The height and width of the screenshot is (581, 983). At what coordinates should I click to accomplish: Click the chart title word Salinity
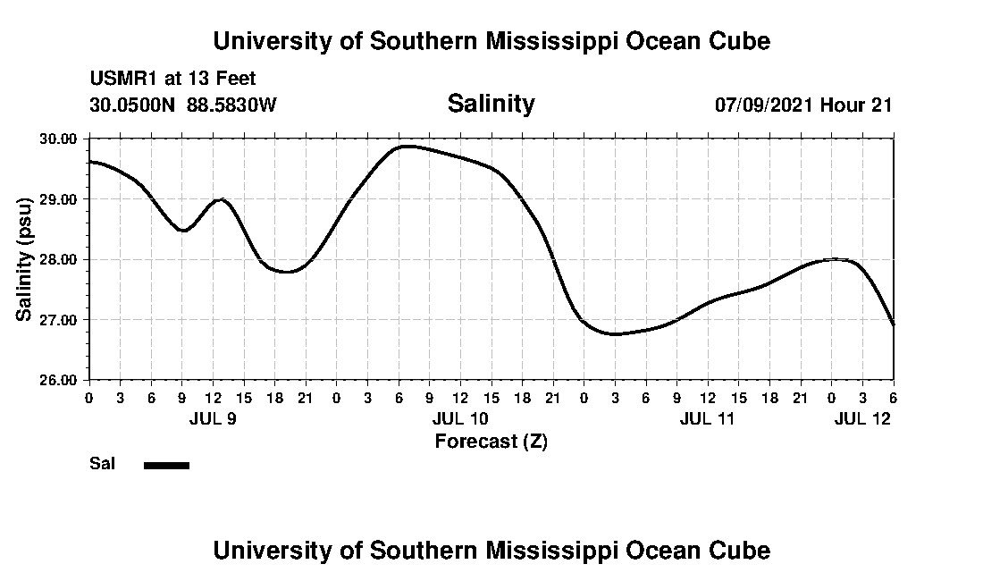click(x=491, y=104)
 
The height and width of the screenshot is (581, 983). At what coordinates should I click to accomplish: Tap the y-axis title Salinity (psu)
click(x=25, y=259)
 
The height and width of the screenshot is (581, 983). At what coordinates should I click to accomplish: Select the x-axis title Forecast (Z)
click(x=491, y=441)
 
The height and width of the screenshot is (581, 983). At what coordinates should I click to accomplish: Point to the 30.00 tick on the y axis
click(x=58, y=139)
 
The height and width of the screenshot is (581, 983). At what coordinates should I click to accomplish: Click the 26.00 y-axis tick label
click(x=58, y=379)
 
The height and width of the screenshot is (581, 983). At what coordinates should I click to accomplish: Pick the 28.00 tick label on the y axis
click(x=58, y=259)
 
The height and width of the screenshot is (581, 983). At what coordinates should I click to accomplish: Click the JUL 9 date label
click(x=213, y=418)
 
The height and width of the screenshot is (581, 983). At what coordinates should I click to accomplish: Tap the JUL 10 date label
click(x=460, y=418)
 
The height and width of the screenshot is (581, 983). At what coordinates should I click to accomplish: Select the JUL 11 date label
click(x=707, y=418)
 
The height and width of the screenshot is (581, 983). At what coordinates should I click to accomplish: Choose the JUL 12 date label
click(x=862, y=418)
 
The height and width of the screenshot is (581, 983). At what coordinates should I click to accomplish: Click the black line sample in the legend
click(x=166, y=465)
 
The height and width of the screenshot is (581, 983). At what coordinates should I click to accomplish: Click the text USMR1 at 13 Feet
click(x=172, y=80)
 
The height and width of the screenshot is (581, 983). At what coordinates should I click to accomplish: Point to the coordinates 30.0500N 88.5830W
click(x=183, y=105)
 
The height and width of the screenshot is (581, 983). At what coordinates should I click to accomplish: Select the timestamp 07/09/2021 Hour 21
click(x=803, y=105)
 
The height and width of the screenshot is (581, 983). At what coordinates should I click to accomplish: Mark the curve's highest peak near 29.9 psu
click(x=407, y=146)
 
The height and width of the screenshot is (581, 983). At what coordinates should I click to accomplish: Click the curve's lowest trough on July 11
click(x=615, y=334)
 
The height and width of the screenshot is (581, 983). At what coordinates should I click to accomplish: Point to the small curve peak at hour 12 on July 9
click(x=221, y=200)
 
